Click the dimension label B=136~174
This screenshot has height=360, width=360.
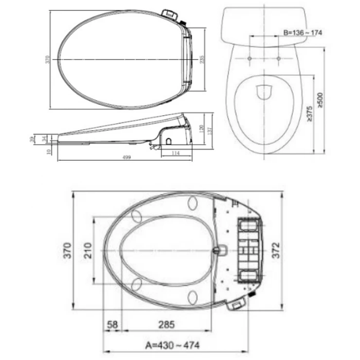tap(303, 32)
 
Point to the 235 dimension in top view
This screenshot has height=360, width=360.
tap(203, 60)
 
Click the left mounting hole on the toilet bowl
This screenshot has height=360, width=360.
tap(249, 58)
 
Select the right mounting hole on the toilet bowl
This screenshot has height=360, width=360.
tap(278, 58)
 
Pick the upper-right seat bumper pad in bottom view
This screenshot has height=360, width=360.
tap(193, 203)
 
